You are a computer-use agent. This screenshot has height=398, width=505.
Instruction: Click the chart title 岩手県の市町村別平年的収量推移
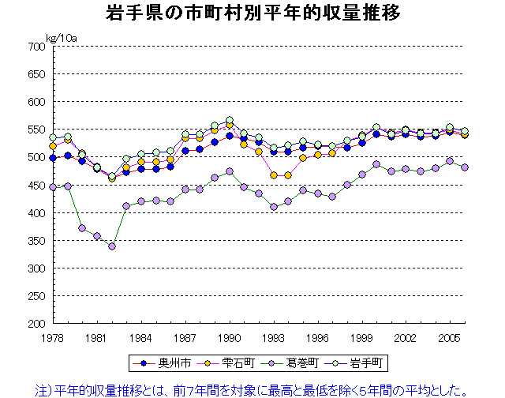(252, 13)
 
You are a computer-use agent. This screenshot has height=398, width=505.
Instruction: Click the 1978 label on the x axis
(53, 337)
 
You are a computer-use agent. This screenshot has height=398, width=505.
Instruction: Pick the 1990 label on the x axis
(230, 337)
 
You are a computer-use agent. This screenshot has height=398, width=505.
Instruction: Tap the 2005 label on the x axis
(450, 337)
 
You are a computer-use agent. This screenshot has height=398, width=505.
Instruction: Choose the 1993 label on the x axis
(273, 337)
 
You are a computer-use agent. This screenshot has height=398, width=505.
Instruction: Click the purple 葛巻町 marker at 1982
(112, 246)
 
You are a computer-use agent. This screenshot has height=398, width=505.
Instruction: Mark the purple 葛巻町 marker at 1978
(53, 187)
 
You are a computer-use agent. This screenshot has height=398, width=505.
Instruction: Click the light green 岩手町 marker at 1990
(230, 121)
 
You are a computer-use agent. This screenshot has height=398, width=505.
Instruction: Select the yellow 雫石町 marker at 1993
(274, 175)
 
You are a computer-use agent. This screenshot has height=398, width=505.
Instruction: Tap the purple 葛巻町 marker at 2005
(450, 161)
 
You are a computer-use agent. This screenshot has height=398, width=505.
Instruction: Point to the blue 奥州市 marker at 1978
(53, 158)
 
